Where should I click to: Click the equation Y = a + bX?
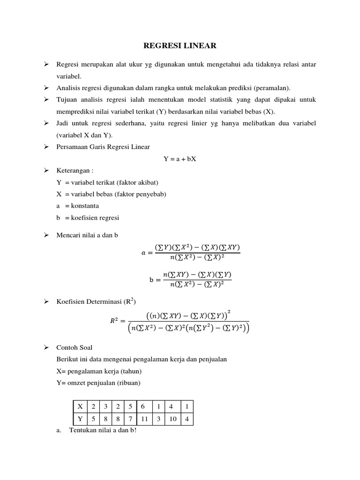tap(180, 159)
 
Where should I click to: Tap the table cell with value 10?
tap(173, 419)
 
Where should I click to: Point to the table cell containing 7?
tap(130, 419)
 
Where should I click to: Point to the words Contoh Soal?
tap(74, 347)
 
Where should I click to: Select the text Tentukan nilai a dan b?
tap(102, 431)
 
